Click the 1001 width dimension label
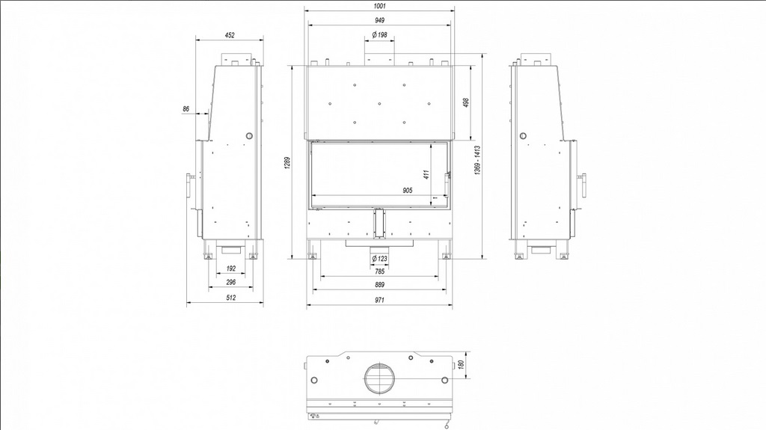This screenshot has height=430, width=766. (379, 6)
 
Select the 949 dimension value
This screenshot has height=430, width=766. (379, 20)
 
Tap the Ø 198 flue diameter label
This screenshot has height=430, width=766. (379, 34)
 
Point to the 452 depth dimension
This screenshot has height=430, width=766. (230, 35)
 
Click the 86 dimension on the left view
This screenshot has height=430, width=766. (186, 109)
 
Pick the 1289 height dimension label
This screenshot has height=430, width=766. (287, 163)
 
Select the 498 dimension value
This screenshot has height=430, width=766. (465, 102)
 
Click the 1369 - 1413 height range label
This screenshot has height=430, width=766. (477, 160)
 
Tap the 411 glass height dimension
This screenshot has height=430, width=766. (426, 174)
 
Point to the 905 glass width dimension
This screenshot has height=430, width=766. (408, 191)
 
